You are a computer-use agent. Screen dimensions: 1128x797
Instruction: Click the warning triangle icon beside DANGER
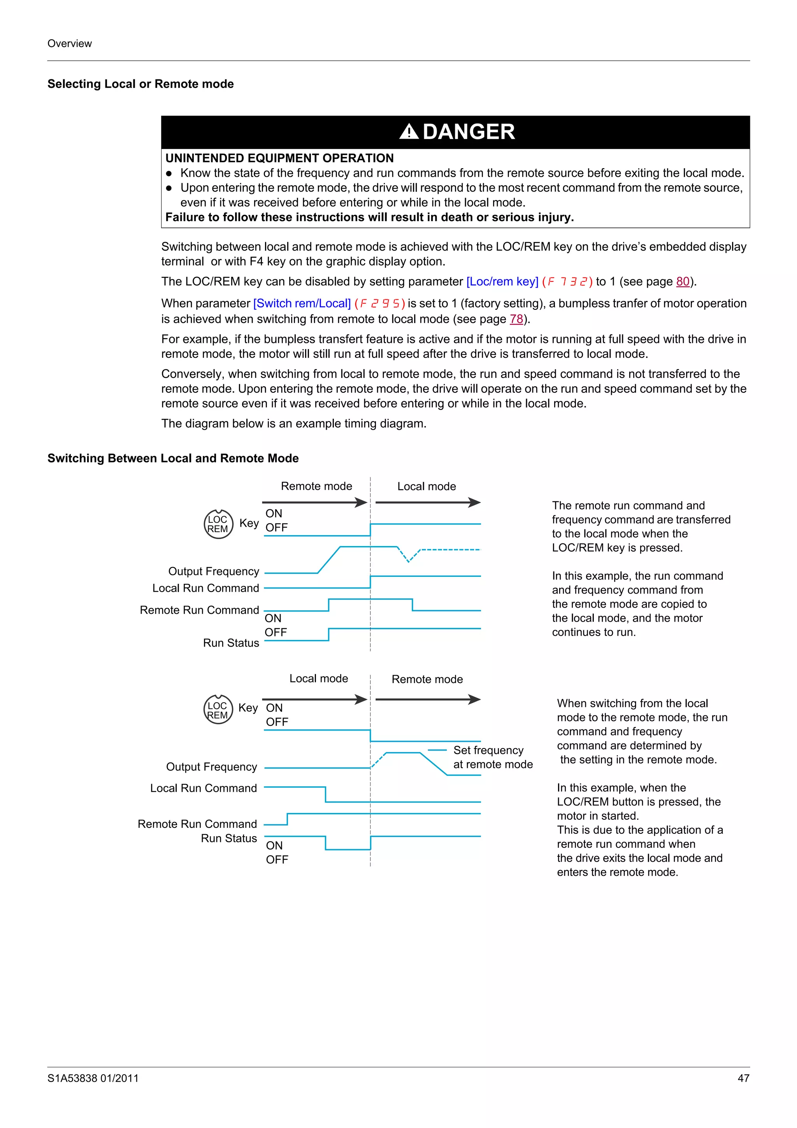[x=409, y=132]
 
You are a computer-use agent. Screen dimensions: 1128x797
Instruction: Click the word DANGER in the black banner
[x=469, y=132]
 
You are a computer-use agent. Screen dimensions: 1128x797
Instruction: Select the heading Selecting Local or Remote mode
[x=140, y=84]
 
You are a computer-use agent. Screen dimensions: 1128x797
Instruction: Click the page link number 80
[x=683, y=281]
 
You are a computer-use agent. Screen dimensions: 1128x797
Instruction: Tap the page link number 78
[x=516, y=319]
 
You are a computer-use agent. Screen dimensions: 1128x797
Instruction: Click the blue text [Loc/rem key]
[x=502, y=281]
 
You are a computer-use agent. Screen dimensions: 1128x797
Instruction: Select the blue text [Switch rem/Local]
[x=302, y=304]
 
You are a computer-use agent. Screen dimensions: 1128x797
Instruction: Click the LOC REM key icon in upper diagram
[x=218, y=524]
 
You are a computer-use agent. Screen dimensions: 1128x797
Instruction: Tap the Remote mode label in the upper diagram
[x=316, y=487]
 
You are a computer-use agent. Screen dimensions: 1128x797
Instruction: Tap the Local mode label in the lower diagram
[x=318, y=678]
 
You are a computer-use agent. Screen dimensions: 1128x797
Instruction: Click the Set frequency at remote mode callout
[x=493, y=757]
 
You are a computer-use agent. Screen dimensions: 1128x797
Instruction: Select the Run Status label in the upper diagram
[x=231, y=643]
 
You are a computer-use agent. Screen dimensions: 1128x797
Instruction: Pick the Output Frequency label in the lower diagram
[x=211, y=767]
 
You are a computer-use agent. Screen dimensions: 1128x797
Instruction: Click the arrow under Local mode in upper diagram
[x=428, y=503]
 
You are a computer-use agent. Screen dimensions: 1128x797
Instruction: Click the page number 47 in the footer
[x=743, y=1079]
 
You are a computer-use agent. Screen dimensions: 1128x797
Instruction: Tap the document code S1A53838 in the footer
[x=93, y=1079]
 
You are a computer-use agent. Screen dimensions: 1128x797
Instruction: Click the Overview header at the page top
[x=69, y=44]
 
